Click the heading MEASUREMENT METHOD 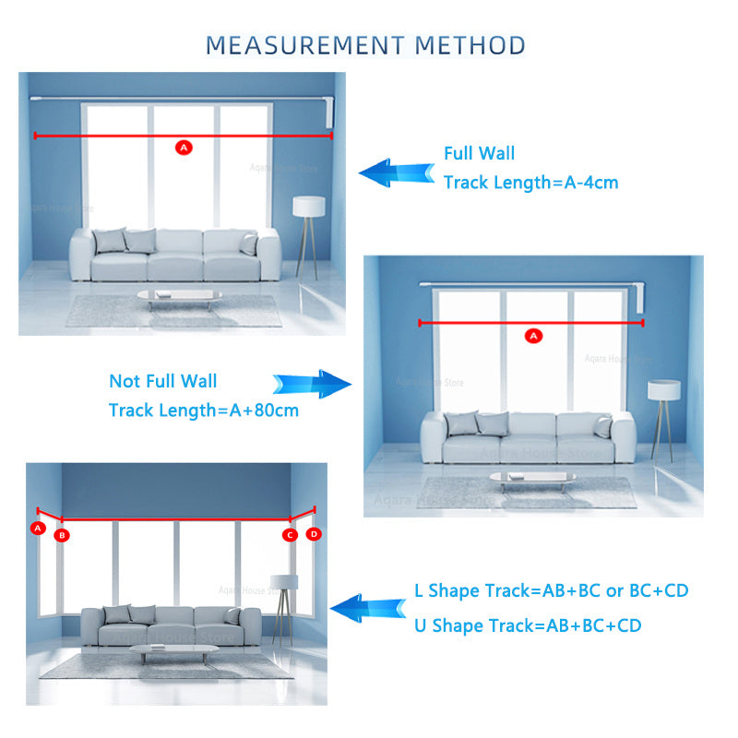pos(365,44)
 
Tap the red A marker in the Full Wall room pos(183,147)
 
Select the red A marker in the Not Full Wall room pos(532,336)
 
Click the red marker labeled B pos(62,534)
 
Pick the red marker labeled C pos(290,534)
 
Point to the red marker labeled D pos(314,533)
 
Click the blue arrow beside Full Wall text pos(396,173)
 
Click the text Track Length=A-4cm pos(530,183)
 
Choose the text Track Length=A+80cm pos(203,411)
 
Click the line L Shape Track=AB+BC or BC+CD pos(551,590)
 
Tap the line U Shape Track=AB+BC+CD pos(528,625)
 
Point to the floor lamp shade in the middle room pos(662,389)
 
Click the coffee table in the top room pos(179,295)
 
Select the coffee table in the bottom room pos(173,650)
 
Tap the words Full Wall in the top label pos(479,153)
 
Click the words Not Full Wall pos(162,381)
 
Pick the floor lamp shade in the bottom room pos(284,582)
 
